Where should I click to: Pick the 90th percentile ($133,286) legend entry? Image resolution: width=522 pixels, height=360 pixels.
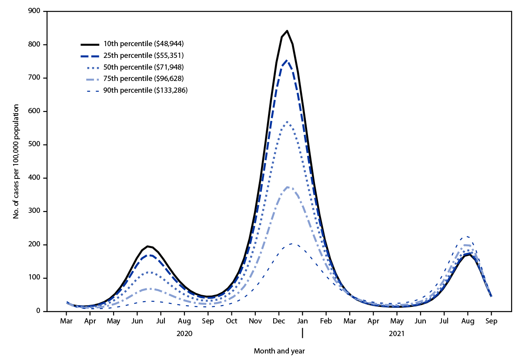click(142, 90)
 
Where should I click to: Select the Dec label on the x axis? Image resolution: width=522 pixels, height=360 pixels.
click(279, 322)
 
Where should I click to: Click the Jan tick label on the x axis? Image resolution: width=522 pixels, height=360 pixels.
click(302, 322)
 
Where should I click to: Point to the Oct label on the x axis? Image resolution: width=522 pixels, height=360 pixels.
click(231, 322)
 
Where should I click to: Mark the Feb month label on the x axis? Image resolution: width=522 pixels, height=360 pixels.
click(326, 322)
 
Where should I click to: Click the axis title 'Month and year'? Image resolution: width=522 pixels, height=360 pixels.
click(279, 351)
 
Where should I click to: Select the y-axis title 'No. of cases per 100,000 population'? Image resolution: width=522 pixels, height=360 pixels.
click(16, 161)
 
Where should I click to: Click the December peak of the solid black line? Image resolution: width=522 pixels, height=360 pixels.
click(287, 31)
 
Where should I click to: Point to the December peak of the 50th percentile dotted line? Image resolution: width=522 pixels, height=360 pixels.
click(287, 122)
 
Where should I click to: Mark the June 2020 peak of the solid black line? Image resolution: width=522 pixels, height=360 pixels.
click(148, 246)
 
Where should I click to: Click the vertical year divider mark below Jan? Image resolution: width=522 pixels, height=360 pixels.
click(302, 333)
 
